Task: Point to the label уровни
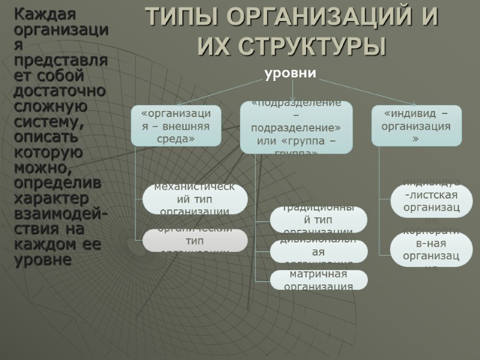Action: (x=290, y=73)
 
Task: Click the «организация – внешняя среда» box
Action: (x=176, y=125)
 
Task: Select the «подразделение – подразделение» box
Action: (x=296, y=127)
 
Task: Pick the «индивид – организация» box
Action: (x=416, y=125)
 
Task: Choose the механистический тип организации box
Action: (x=195, y=199)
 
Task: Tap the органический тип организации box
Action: (x=195, y=240)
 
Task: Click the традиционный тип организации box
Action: (x=318, y=220)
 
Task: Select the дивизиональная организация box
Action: (x=318, y=251)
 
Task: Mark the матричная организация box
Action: (x=318, y=280)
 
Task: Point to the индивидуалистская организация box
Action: (x=431, y=200)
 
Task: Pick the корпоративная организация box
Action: (x=431, y=250)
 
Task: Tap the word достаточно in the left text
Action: (x=59, y=91)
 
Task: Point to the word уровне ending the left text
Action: (x=43, y=260)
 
